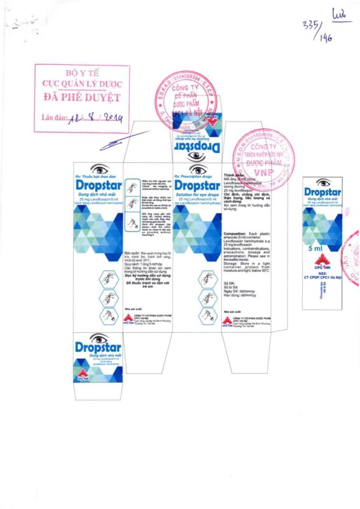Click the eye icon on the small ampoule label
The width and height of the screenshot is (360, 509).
(x=322, y=184)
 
